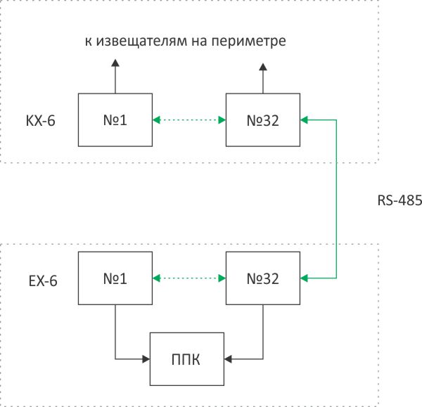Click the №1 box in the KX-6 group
pos(114,120)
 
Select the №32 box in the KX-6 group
pos(262,120)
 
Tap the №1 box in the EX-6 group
pos(114,278)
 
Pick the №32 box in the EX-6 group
pos(262,278)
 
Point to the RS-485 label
pos(399,200)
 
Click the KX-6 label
pos(40,121)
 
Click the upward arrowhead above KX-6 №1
pos(114,65)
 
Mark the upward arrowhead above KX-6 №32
pos(262,67)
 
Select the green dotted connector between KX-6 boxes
pos(188,120)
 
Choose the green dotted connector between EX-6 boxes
pos(188,278)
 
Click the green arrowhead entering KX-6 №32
pos(304,120)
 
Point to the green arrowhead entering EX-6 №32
pos(304,278)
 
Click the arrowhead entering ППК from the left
pos(147,359)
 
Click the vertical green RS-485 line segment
pos(336,199)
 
